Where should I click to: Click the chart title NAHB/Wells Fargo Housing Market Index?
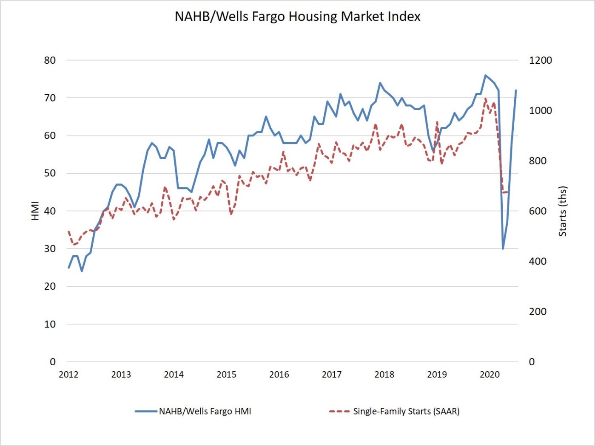(297, 17)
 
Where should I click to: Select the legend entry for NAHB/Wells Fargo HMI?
(205, 411)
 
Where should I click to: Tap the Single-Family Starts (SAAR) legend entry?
(406, 411)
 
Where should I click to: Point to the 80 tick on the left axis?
(50, 60)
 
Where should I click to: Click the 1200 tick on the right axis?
(540, 60)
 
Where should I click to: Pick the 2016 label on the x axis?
(279, 374)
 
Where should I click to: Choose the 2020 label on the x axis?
(490, 374)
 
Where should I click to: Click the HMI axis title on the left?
(35, 211)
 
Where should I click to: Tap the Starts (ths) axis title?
(563, 211)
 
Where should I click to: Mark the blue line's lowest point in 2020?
(503, 248)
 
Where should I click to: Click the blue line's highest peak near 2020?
(485, 75)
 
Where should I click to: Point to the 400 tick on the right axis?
(538, 261)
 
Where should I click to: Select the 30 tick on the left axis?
(50, 248)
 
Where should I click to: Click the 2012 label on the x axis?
(68, 374)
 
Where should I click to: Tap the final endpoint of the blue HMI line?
(516, 90)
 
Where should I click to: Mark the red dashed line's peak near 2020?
(485, 99)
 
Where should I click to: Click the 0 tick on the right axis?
(532, 362)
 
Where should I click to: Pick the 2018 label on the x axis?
(384, 374)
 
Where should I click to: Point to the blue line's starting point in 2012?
(68, 268)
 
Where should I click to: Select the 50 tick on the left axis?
(50, 173)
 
